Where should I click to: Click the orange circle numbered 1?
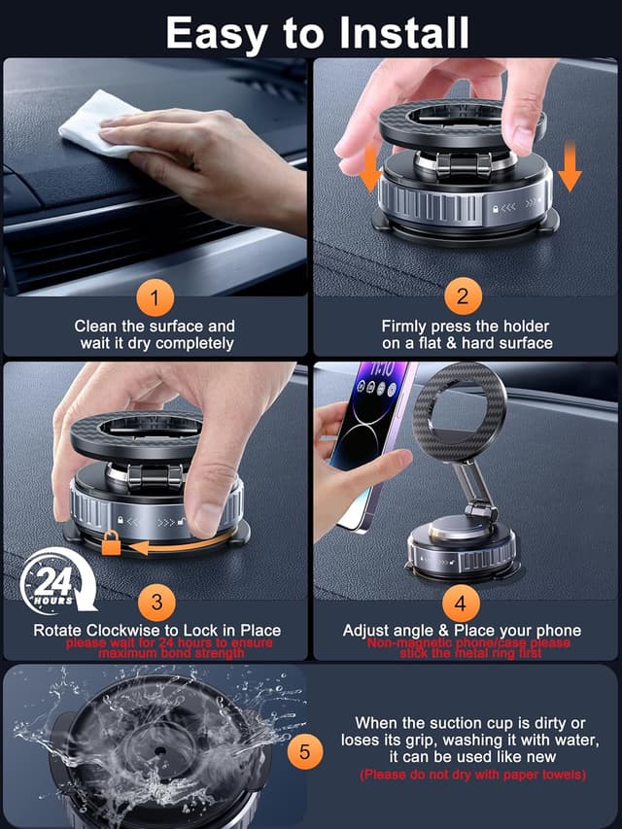pos(155,295)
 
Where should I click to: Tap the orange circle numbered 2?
pos(464,295)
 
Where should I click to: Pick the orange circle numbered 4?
pos(464,603)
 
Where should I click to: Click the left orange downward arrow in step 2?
pos(369,170)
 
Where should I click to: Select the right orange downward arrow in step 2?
pos(570,168)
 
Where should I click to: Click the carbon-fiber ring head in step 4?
pos(454,407)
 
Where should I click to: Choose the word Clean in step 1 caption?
pos(95,327)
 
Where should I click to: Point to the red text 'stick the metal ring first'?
pos(467,653)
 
